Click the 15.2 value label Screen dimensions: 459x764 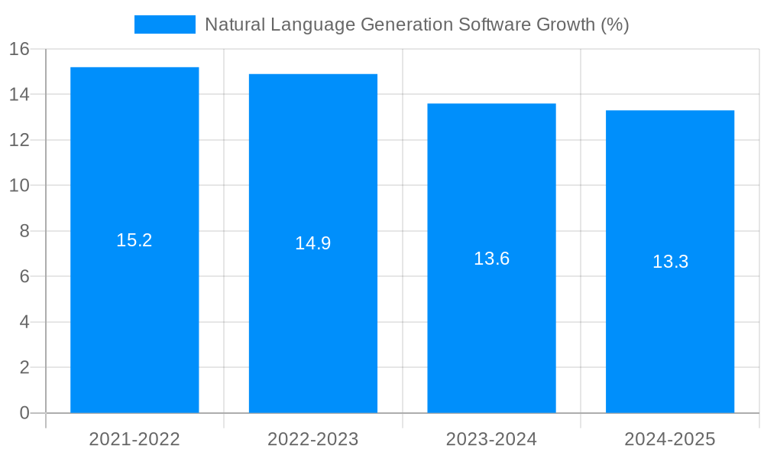pos(134,240)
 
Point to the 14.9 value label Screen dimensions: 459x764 pos(313,243)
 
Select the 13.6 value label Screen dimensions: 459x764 pos(491,259)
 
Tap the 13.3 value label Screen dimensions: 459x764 pos(670,262)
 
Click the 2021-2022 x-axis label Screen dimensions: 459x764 pos(134,439)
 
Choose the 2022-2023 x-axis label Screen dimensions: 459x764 pos(313,439)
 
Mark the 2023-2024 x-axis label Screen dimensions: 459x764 pos(491,439)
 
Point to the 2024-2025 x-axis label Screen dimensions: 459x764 pos(670,439)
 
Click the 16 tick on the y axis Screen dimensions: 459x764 pos(19,50)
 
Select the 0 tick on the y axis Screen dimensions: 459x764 pos(24,413)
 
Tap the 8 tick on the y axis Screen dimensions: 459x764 pos(24,231)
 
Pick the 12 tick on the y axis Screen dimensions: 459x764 pos(19,140)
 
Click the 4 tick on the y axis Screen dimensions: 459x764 pos(24,322)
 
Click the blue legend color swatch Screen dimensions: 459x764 pos(165,24)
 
